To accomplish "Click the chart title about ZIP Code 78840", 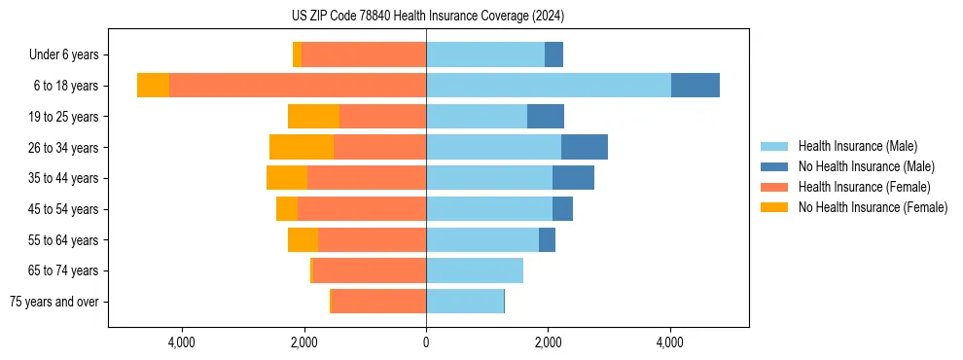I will coord(427,17).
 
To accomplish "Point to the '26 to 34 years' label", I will coord(63,148).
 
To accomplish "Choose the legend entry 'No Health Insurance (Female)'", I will coord(873,207).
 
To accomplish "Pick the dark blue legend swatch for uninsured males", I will coord(774,166).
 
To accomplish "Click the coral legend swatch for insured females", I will coord(774,187).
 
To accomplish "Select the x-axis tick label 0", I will coord(426,342).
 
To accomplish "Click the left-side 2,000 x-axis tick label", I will coord(304,342).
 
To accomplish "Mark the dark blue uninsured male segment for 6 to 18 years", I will coord(695,86).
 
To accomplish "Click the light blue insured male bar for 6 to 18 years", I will coord(549,86).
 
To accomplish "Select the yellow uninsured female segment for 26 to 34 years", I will coord(302,147).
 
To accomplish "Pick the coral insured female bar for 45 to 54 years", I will coord(362,209).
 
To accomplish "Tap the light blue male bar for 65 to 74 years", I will coord(475,270).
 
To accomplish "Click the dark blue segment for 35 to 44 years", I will coord(573,178).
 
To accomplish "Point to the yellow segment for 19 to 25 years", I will coord(313,117).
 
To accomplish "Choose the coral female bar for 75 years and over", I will coord(379,302).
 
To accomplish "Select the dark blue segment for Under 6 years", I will coord(553,54).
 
